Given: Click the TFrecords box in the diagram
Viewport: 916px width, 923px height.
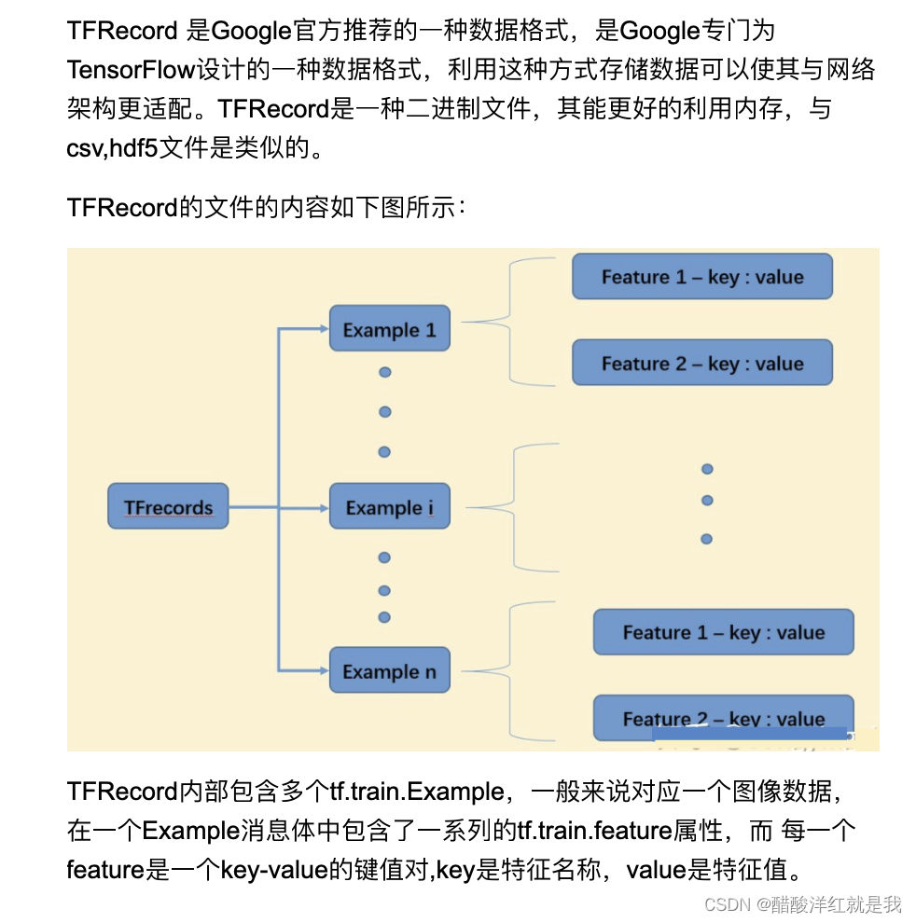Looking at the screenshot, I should [x=168, y=507].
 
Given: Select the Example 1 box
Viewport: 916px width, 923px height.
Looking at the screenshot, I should [x=389, y=329].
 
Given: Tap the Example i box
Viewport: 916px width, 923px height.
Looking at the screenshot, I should [x=389, y=508].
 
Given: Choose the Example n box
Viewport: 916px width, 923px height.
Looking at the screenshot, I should [x=389, y=671].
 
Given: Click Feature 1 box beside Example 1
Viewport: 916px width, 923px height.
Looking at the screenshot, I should [x=701, y=277].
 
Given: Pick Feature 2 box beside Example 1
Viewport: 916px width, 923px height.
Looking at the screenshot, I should [x=701, y=364].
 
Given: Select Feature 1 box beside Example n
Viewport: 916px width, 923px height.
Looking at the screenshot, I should [x=723, y=632].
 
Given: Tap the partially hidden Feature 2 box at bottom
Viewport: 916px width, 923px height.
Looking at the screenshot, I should [x=723, y=717].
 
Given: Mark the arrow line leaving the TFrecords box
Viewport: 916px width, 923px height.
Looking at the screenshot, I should [x=252, y=507].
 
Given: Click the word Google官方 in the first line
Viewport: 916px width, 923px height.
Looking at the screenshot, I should [x=271, y=31].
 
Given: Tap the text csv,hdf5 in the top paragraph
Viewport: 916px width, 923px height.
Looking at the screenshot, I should [x=112, y=148].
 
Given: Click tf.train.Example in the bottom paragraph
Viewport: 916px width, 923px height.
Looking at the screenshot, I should [x=417, y=792].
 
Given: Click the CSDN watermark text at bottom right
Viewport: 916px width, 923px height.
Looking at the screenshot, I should [x=802, y=903].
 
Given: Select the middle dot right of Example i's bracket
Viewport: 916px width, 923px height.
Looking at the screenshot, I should [x=706, y=501].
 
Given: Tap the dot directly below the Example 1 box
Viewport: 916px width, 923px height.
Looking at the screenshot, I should [x=384, y=372].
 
